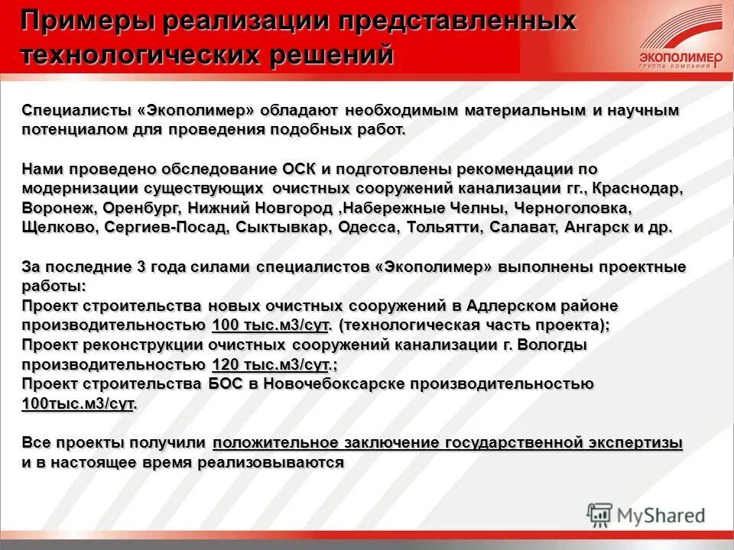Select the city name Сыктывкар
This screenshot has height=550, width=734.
click(x=281, y=228)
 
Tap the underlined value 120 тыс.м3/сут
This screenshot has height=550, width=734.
click(x=271, y=364)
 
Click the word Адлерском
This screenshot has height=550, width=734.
click(x=516, y=306)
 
